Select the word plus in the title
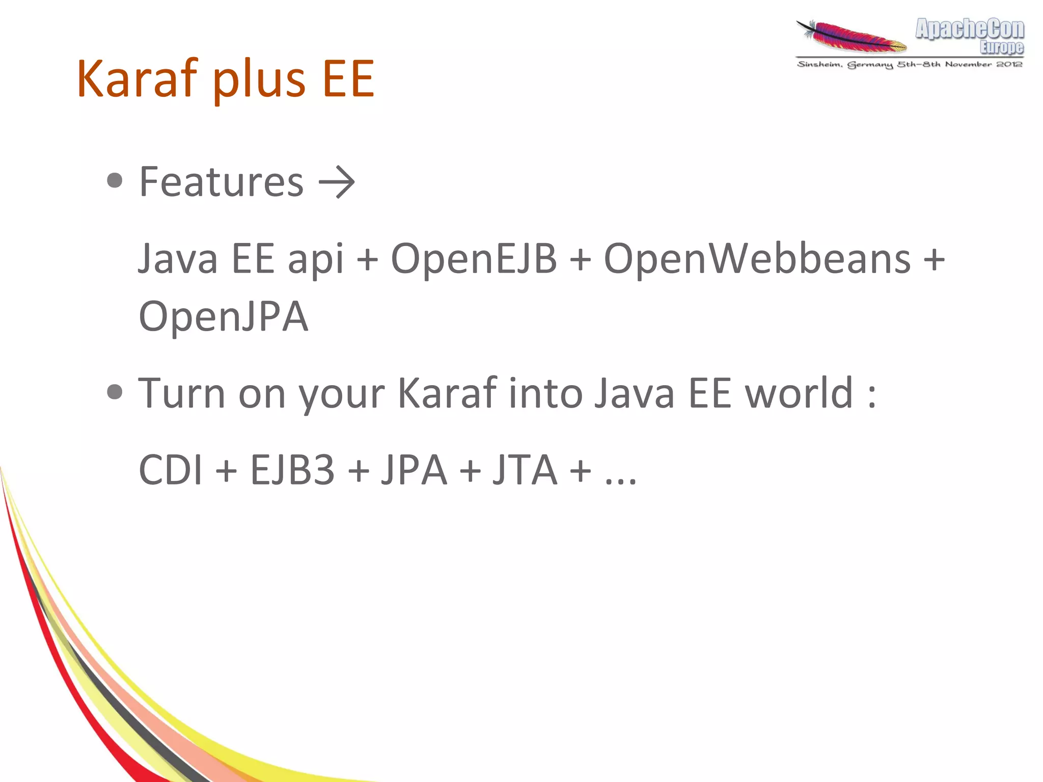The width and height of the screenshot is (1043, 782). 259,82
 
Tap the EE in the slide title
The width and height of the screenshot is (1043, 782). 349,79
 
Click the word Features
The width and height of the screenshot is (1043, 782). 221,182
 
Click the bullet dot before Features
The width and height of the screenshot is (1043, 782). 115,180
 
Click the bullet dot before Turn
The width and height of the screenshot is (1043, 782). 115,392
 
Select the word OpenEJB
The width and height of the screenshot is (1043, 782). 473,259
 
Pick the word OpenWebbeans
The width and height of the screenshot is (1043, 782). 757,259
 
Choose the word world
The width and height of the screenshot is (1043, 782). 799,393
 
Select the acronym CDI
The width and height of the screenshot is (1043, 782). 170,470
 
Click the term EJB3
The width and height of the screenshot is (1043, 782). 292,470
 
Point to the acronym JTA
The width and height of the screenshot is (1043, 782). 525,470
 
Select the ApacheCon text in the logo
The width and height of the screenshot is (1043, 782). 970,29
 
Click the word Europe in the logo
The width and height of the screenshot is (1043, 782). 1001,47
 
